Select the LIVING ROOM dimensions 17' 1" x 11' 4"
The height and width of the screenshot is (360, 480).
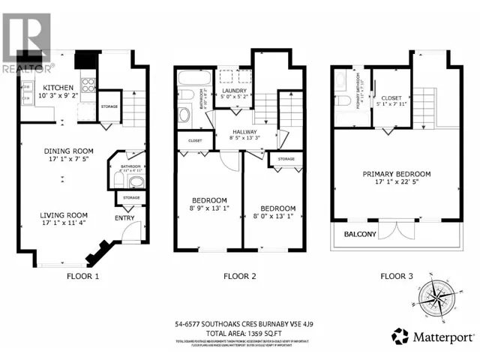point(64,223)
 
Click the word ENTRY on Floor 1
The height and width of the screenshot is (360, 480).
point(124,218)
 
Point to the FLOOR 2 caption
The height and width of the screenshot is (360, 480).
point(239,276)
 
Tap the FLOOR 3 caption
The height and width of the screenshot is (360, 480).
point(397,276)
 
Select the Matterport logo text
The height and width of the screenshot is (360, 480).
point(439,334)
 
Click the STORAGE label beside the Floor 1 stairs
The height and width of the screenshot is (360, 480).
point(109,115)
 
